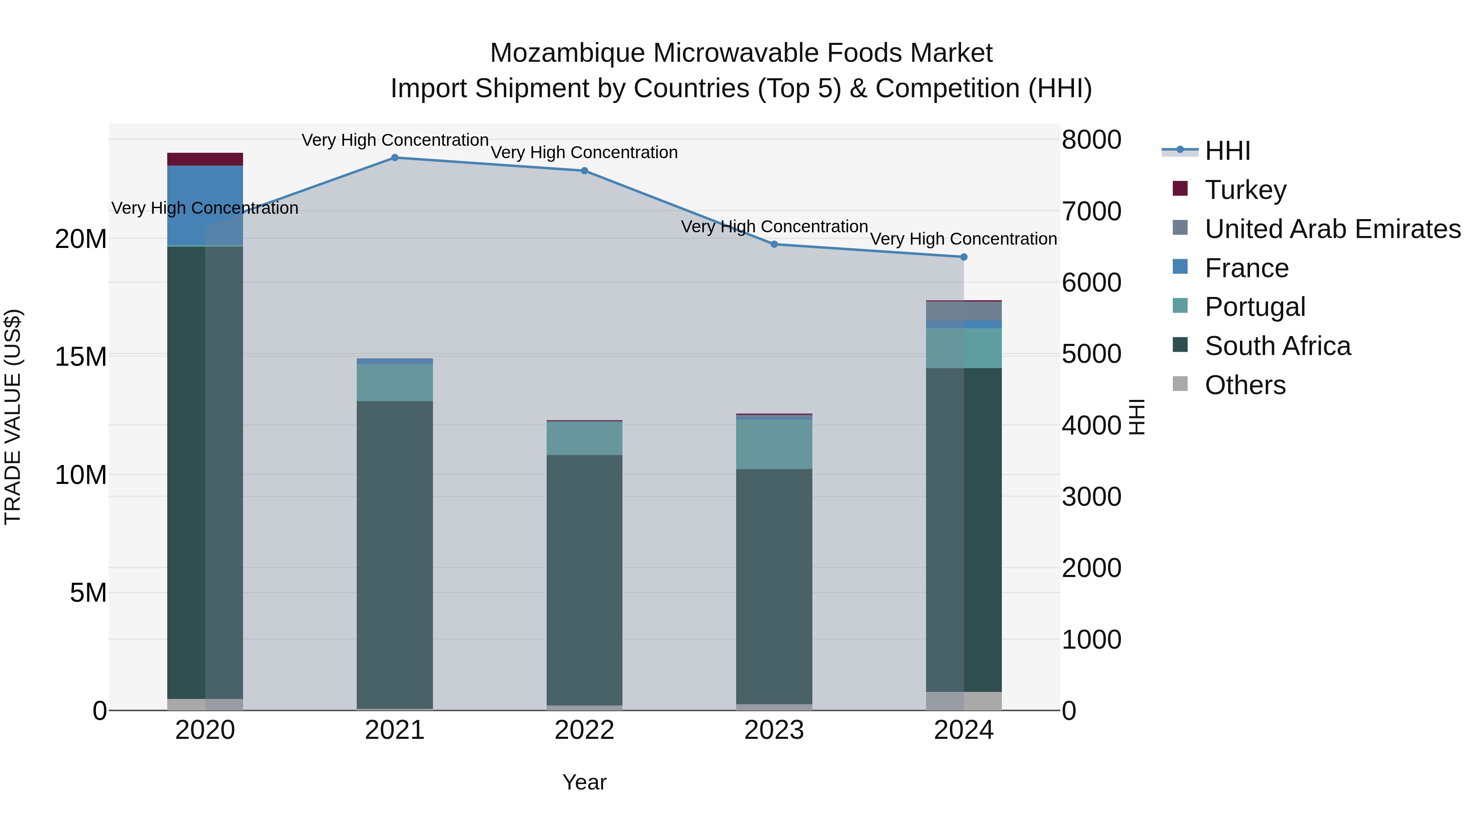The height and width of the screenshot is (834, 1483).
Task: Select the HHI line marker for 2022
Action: [x=584, y=171]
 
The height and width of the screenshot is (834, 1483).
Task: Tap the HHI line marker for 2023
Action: [x=774, y=245]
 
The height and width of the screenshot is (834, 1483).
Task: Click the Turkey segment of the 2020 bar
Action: [x=205, y=159]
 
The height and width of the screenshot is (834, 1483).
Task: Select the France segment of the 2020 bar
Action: [x=205, y=206]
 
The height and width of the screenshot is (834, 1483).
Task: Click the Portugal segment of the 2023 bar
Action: [x=774, y=444]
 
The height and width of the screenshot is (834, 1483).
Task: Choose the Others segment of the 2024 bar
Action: [x=964, y=701]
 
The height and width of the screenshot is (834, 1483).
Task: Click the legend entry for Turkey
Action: [x=1245, y=190]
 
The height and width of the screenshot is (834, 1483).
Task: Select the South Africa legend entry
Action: [x=1277, y=346]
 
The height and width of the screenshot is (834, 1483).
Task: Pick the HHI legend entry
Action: [x=1228, y=151]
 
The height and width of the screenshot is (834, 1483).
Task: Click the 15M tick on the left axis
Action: [x=81, y=357]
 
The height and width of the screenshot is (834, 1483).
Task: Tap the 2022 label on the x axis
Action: [x=584, y=730]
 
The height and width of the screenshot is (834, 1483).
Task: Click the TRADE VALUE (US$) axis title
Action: [x=13, y=417]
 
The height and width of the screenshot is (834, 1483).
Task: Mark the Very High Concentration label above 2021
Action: [x=395, y=140]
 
